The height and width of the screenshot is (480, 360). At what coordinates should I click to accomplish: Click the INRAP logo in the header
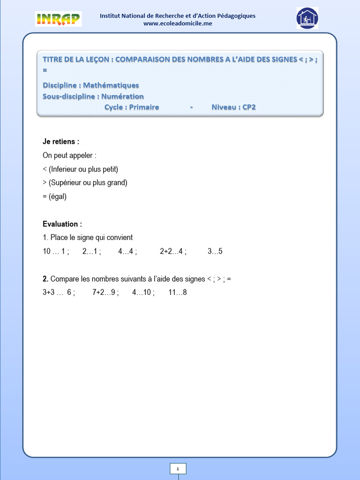[x=58, y=19]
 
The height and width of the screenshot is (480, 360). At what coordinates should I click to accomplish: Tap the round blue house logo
[x=307, y=18]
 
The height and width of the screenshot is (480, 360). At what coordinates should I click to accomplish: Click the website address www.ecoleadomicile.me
[x=178, y=23]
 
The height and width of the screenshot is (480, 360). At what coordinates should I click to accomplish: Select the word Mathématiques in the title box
[x=111, y=85]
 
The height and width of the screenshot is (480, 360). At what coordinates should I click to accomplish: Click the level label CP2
[x=249, y=107]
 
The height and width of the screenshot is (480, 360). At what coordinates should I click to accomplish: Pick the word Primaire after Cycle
[x=144, y=107]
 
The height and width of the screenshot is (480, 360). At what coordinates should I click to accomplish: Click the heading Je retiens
[x=61, y=142]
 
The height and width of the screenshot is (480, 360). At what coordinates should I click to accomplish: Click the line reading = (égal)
[x=55, y=197]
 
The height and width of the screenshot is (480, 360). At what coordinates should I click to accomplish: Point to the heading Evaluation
[x=62, y=224]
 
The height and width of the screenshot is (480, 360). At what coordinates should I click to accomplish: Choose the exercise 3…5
[x=215, y=251]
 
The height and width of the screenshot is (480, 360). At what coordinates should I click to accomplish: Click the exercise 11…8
[x=178, y=292]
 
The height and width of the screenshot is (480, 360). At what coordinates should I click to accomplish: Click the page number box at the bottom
[x=178, y=469]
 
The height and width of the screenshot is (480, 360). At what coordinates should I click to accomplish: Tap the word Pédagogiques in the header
[x=235, y=15]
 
